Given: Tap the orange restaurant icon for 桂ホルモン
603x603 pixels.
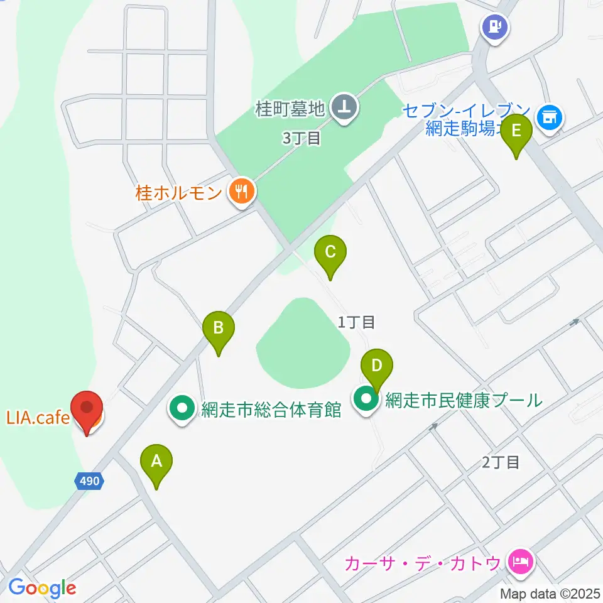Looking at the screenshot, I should (241, 191).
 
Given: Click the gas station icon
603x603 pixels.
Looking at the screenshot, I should (495, 27).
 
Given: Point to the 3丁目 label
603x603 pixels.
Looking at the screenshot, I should (301, 139).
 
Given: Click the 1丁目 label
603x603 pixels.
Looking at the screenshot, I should (357, 323).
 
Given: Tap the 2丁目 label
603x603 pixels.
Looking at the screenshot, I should (501, 463).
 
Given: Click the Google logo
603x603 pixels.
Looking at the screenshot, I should (42, 588).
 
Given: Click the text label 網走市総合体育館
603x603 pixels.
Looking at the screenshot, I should (271, 411).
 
